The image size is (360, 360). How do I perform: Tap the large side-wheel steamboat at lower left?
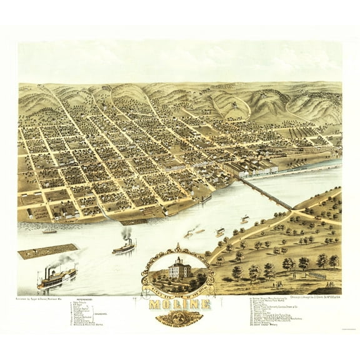tap(57, 277)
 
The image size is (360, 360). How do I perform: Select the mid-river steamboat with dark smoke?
tap(124, 247)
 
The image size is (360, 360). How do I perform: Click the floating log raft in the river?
tap(47, 251)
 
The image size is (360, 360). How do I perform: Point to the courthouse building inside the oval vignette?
tap(179, 269)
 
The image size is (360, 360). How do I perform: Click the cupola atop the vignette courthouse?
tap(179, 259)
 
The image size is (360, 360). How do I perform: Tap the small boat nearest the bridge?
tap(244, 219)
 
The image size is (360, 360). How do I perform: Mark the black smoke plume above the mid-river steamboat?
tap(127, 232)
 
